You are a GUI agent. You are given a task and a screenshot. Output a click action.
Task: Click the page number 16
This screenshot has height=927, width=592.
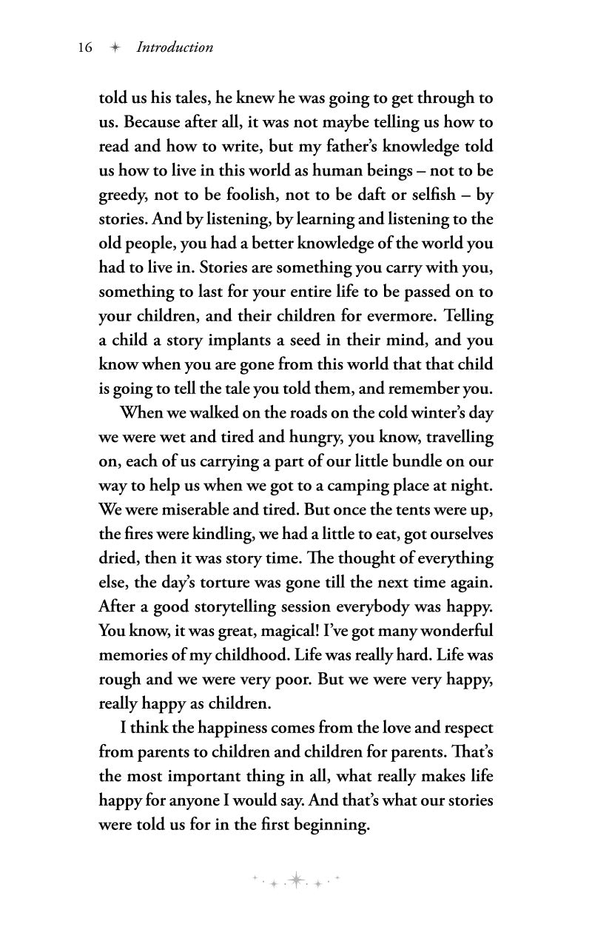pos(84,47)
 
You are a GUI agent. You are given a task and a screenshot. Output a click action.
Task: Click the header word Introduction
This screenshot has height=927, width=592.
pos(175,47)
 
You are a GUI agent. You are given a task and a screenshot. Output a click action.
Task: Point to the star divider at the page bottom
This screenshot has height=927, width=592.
pos(296,879)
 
